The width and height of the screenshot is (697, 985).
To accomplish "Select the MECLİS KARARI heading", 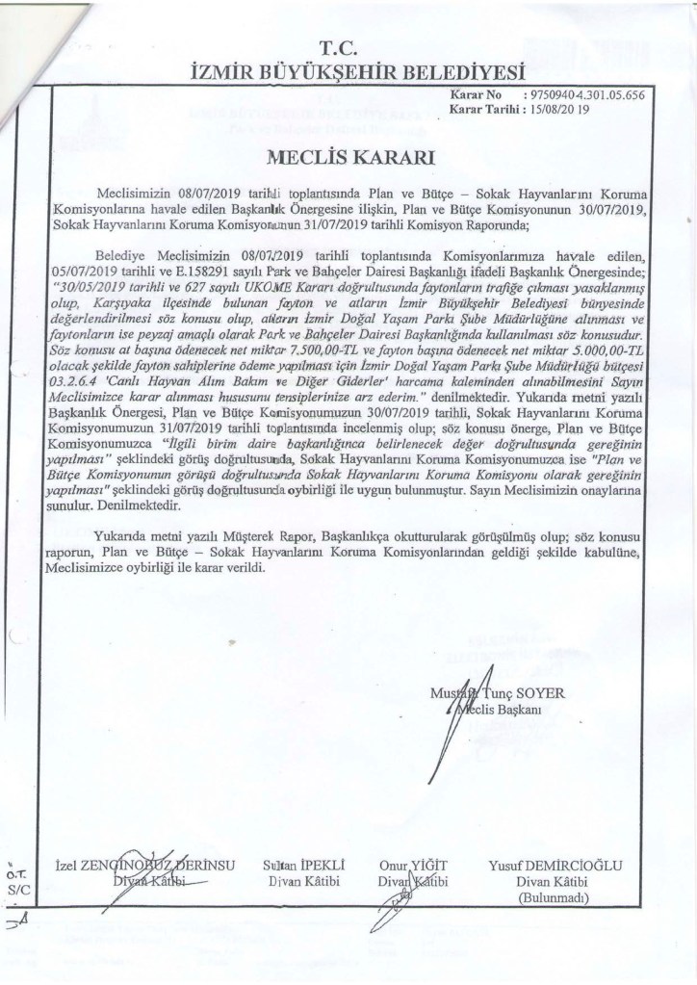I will pos(348,155).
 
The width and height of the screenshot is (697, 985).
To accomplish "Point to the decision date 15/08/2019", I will pos(564,112).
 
